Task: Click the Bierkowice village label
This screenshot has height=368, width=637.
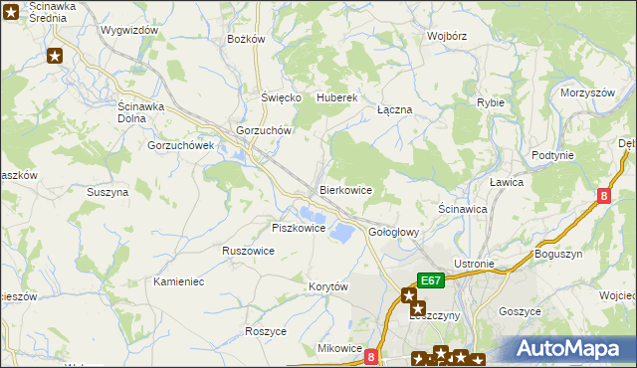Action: pyautogui.click(x=345, y=189)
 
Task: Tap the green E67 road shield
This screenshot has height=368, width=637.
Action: pyautogui.click(x=430, y=281)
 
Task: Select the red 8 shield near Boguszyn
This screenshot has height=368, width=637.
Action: pyautogui.click(x=604, y=197)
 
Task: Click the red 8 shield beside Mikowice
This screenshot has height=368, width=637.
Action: pyautogui.click(x=371, y=355)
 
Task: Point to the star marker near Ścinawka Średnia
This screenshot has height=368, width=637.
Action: pyautogui.click(x=56, y=57)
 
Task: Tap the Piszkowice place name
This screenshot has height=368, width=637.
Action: pyautogui.click(x=299, y=228)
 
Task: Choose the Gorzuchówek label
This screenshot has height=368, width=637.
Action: pyautogui.click(x=181, y=145)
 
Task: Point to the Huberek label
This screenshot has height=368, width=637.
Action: pyautogui.click(x=336, y=98)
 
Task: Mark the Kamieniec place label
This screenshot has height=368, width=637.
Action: pyautogui.click(x=179, y=281)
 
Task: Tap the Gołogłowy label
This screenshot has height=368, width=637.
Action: pyautogui.click(x=395, y=232)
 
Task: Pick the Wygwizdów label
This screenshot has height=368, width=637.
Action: pyautogui.click(x=129, y=30)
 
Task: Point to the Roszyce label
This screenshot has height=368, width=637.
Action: pyautogui.click(x=266, y=330)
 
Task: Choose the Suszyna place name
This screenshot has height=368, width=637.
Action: pyautogui.click(x=107, y=192)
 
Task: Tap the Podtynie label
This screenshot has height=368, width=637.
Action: pyautogui.click(x=552, y=155)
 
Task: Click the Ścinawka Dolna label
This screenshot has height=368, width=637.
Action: pyautogui.click(x=146, y=112)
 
